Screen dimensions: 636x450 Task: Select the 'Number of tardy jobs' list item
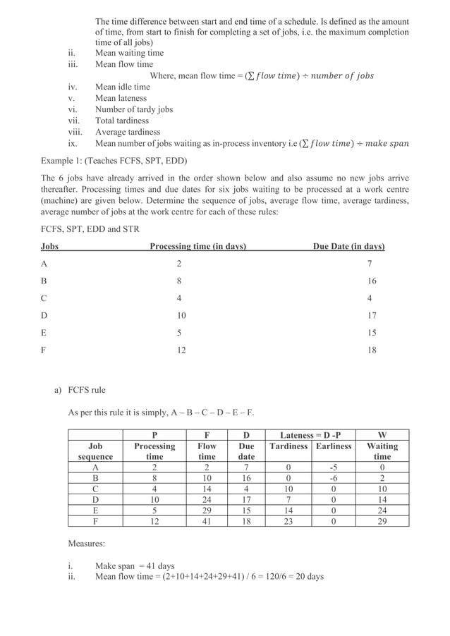(x=133, y=109)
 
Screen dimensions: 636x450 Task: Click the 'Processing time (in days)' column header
(x=198, y=246)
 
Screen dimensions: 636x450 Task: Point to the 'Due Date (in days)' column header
(x=348, y=246)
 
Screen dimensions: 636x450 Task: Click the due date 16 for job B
(x=371, y=281)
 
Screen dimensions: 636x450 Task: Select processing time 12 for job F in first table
(x=181, y=350)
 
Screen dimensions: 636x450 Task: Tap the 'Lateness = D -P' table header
(x=310, y=435)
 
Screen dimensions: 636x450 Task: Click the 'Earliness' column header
(x=334, y=446)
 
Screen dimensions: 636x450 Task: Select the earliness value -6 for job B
(x=334, y=477)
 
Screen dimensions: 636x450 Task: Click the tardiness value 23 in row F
(x=288, y=521)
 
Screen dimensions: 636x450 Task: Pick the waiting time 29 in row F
(x=382, y=521)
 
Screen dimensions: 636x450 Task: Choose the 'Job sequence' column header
(x=95, y=451)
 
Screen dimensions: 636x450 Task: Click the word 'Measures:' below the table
(x=87, y=544)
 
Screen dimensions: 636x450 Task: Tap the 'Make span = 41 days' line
(x=135, y=565)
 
